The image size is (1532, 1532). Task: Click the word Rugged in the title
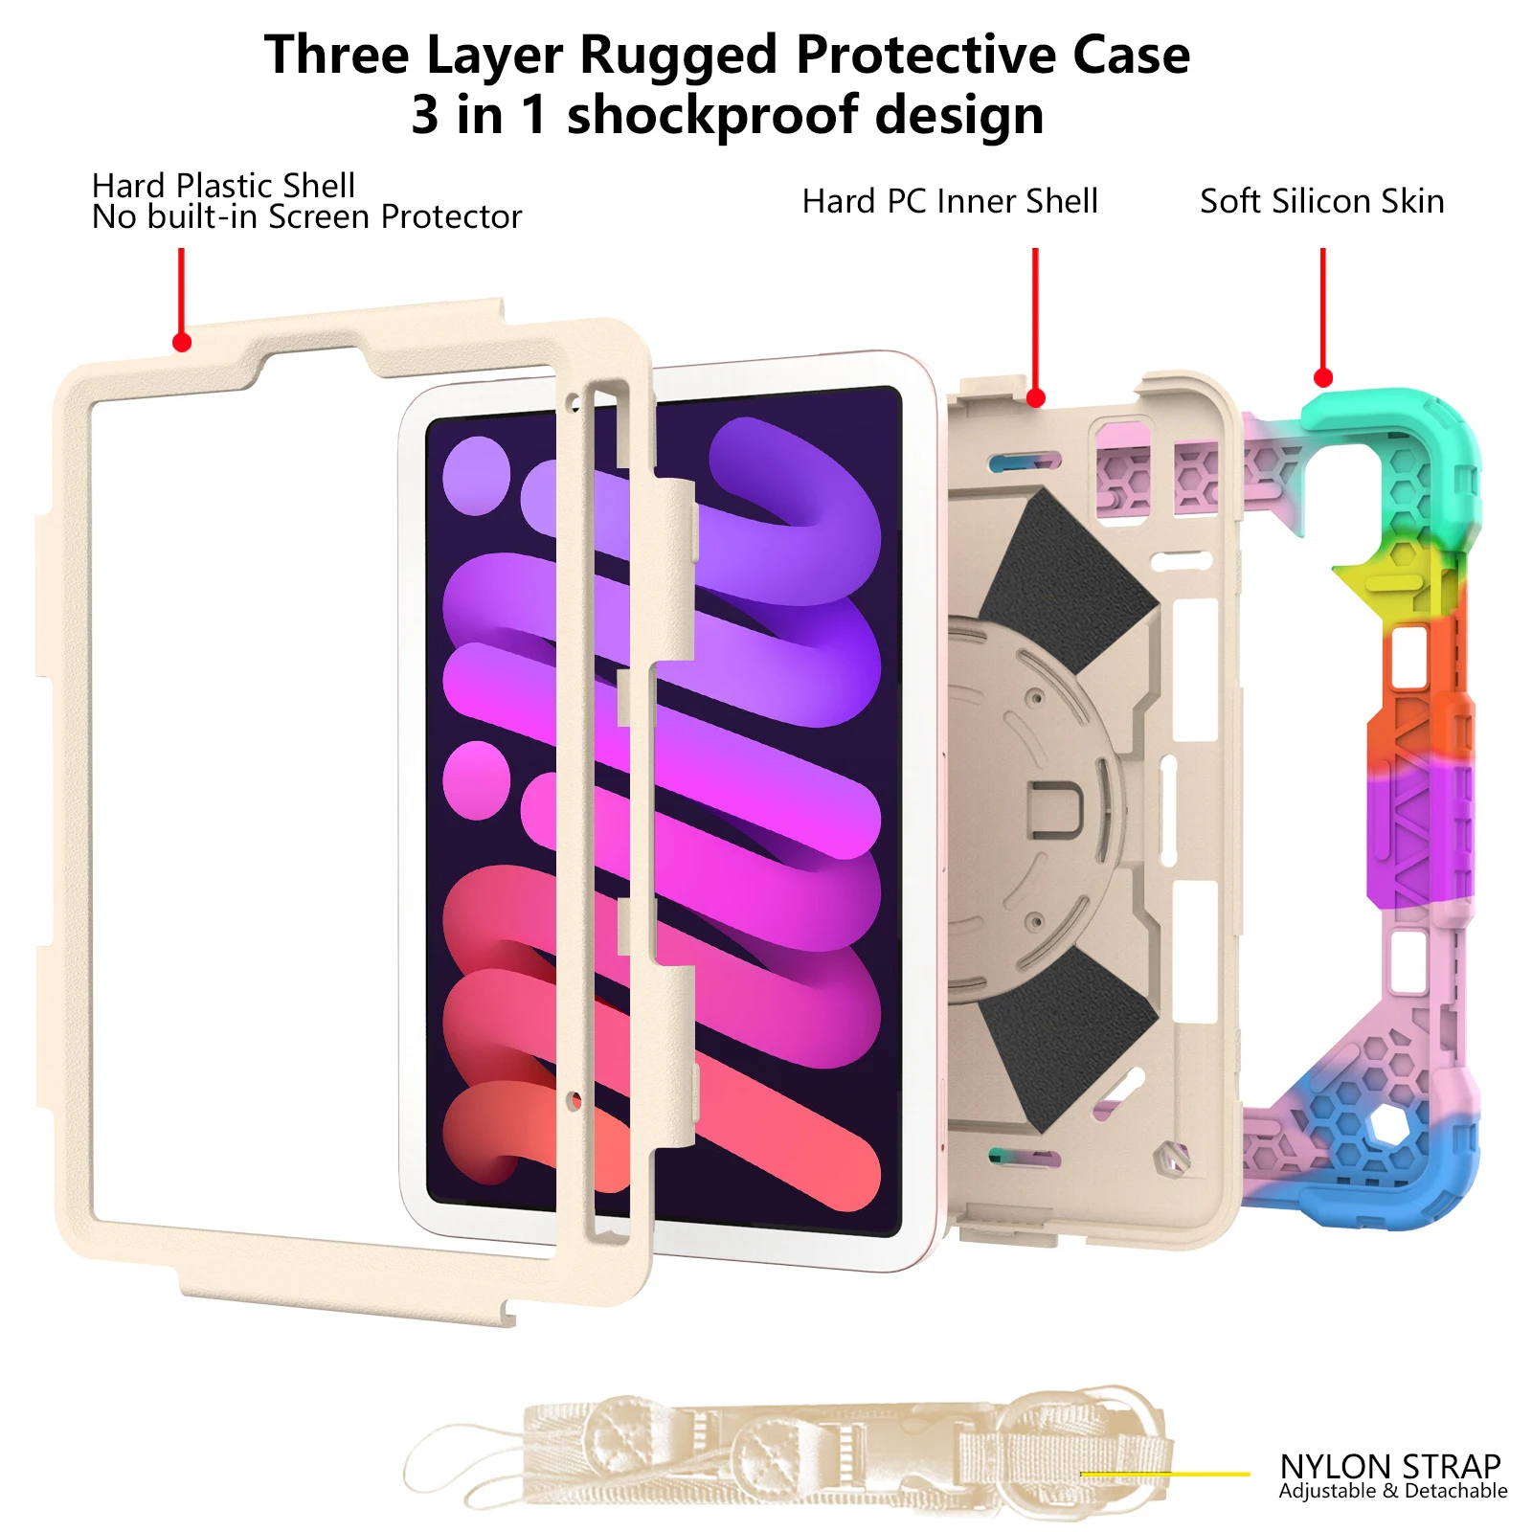(677, 55)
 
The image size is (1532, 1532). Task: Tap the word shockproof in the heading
(711, 116)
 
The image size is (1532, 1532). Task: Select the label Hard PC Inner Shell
(950, 202)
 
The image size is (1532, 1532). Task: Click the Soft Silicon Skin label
(1321, 202)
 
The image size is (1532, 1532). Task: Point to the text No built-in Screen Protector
(306, 218)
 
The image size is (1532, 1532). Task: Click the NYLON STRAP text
(1389, 1466)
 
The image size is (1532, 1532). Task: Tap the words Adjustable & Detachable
(1392, 1491)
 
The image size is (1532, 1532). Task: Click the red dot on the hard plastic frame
(182, 343)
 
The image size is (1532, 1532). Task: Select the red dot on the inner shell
(1035, 397)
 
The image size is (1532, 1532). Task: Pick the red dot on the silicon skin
(1323, 378)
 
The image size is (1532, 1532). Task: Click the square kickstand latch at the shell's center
(1054, 807)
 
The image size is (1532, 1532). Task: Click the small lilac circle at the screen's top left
(476, 475)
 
